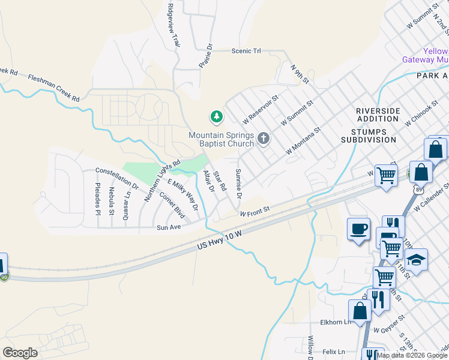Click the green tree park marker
tap(215, 116)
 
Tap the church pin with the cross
tap(263, 139)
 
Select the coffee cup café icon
tap(359, 229)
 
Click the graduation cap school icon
tap(415, 260)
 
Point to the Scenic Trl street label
tap(246, 52)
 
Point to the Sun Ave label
tap(169, 227)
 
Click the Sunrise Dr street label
tap(238, 184)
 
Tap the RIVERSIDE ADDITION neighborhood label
tap(378, 115)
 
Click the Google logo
tap(20, 352)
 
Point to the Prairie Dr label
tap(205, 55)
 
